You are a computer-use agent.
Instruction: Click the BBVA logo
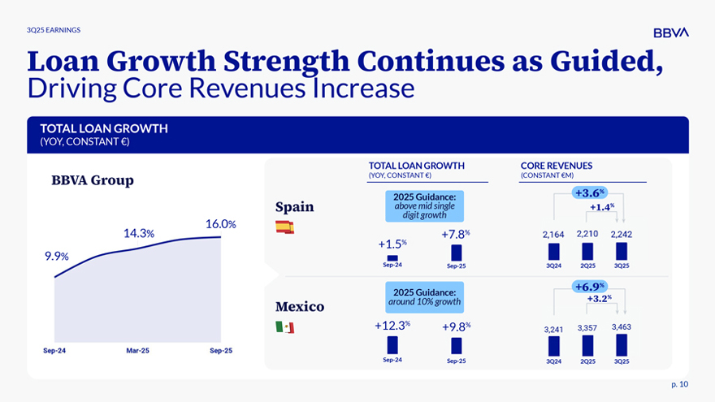coord(670,32)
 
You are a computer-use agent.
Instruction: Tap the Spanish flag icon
coord(284,227)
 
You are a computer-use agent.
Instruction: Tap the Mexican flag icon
coord(284,327)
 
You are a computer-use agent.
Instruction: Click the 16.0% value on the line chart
coord(221,224)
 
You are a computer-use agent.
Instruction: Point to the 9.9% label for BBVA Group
coord(56,256)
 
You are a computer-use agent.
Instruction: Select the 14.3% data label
coord(139,233)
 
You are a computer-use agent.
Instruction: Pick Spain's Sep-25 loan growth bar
coord(456,253)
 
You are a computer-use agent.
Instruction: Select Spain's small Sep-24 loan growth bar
coord(392,257)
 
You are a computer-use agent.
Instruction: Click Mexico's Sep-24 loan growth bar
coord(392,344)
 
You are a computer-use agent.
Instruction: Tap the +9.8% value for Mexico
coord(456,326)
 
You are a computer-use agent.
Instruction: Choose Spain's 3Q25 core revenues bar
coord(621,253)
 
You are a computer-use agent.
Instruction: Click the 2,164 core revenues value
coord(553,235)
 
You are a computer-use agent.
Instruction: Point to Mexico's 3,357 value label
coord(587,328)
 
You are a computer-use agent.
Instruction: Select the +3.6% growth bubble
coord(590,192)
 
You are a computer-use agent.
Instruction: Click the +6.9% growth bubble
coord(590,287)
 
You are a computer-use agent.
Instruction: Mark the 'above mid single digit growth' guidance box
coord(424,205)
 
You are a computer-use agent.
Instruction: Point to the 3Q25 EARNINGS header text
coord(54,30)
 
